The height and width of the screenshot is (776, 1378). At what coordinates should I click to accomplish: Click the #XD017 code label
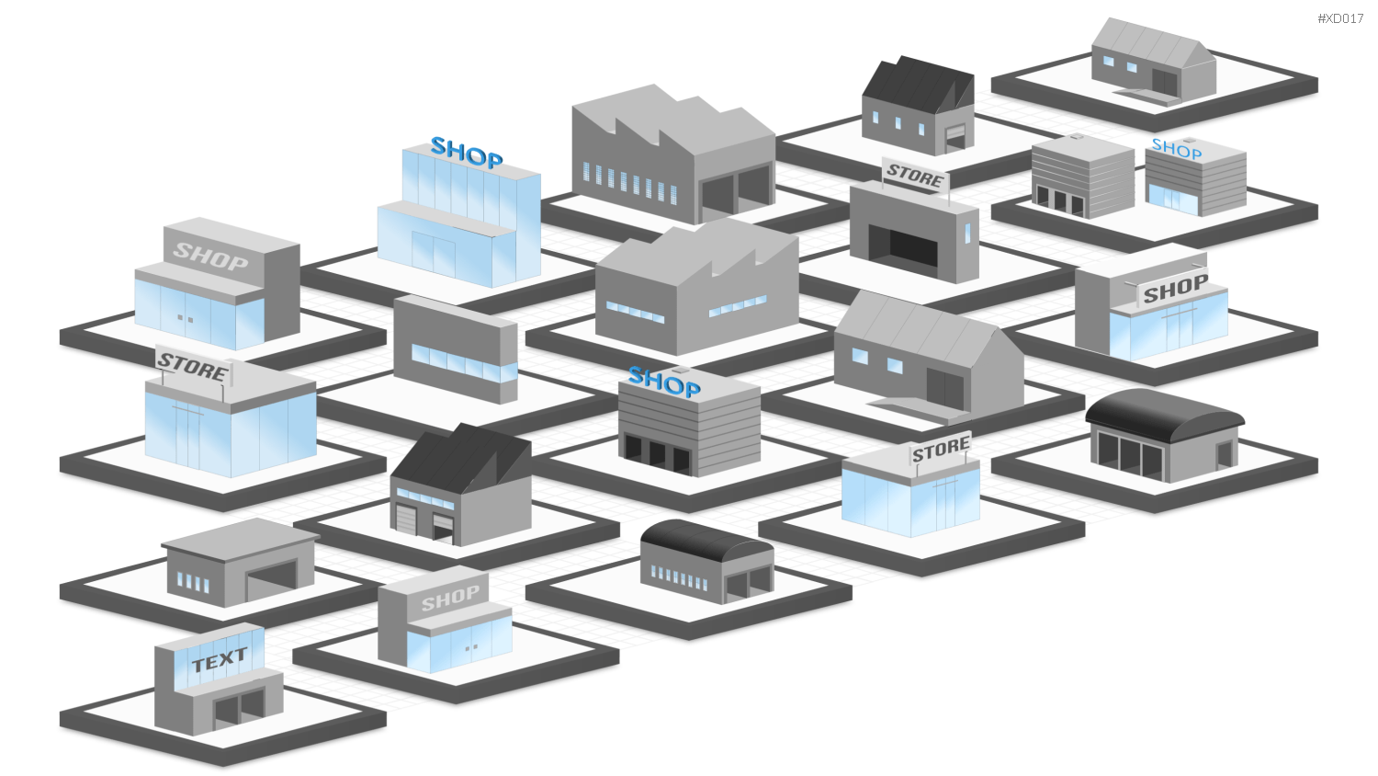(x=1340, y=18)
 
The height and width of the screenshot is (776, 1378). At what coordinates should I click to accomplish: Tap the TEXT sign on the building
(x=220, y=660)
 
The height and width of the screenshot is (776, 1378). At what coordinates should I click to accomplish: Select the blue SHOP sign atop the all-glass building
(x=467, y=153)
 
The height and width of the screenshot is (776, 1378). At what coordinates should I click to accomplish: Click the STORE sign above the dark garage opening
(x=915, y=175)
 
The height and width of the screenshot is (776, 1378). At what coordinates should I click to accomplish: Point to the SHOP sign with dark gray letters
(x=1175, y=288)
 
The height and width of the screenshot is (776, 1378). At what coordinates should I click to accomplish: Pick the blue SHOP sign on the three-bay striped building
(x=664, y=382)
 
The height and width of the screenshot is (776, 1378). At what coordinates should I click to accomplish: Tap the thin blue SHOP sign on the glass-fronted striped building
(x=1176, y=148)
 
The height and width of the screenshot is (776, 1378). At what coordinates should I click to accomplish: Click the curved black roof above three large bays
(x=1165, y=413)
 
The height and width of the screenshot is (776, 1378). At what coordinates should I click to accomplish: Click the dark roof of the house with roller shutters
(x=460, y=457)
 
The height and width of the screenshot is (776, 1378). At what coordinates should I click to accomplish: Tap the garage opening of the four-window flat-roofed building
(x=271, y=580)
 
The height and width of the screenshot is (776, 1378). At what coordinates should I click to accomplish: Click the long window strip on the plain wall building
(x=464, y=363)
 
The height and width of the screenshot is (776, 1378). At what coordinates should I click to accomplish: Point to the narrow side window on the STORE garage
(x=967, y=233)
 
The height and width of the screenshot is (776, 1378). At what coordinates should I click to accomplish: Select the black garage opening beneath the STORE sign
(x=903, y=246)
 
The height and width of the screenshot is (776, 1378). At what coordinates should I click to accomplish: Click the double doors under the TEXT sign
(x=239, y=708)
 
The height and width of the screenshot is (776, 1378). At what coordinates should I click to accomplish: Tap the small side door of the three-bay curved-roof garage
(x=1225, y=454)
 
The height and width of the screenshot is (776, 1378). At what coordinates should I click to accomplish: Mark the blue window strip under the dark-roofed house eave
(x=425, y=498)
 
